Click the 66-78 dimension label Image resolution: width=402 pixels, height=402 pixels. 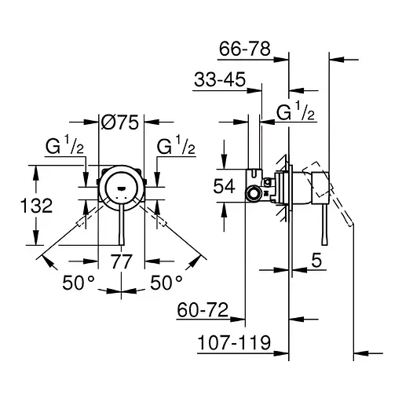245,49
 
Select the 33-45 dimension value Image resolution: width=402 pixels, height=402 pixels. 220,79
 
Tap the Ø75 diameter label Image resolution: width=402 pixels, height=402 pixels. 120,122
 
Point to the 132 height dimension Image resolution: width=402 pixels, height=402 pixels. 36,206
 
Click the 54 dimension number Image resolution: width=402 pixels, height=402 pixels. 224,186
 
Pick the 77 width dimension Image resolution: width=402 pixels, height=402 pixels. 121,261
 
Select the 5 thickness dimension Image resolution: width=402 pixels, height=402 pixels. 316,260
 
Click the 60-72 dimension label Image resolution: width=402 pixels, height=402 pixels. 203,310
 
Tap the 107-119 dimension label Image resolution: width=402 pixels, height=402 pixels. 234,342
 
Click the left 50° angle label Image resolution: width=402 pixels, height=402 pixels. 79,282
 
